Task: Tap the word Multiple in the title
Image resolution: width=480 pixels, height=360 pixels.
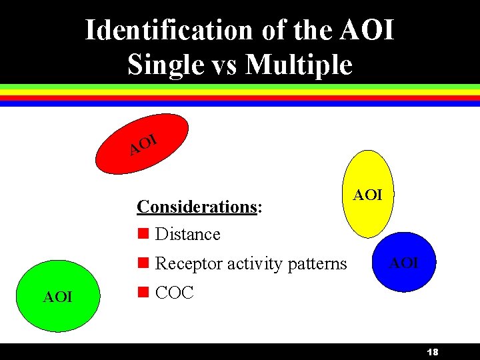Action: tap(298, 64)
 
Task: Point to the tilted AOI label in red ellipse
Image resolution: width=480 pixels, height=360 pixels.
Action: tap(143, 144)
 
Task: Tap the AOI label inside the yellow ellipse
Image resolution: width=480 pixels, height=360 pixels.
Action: tap(367, 195)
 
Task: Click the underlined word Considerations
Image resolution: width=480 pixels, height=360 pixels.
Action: tap(197, 207)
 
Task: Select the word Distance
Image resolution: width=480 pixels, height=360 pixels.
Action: tap(187, 234)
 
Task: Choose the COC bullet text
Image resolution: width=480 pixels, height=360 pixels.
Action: tap(174, 293)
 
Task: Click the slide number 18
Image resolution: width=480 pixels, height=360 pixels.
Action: tap(433, 352)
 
